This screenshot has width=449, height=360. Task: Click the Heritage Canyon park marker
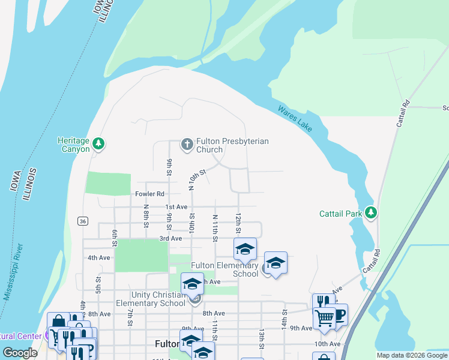[99, 143]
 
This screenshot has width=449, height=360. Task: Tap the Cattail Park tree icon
[372, 212]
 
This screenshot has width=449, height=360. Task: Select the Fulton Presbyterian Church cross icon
[187, 144]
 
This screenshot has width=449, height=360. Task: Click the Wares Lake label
[295, 119]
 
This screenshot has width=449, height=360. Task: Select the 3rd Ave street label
[170, 238]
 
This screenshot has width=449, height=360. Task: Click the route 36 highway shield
[83, 221]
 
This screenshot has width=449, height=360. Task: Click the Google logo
[20, 353]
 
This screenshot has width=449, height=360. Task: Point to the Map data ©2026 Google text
[411, 355]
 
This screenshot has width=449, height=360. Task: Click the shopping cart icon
[324, 319]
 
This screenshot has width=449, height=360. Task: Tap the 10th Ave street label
[327, 344]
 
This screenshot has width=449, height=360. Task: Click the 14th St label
[285, 320]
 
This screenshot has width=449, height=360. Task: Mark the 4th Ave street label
[99, 257]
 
